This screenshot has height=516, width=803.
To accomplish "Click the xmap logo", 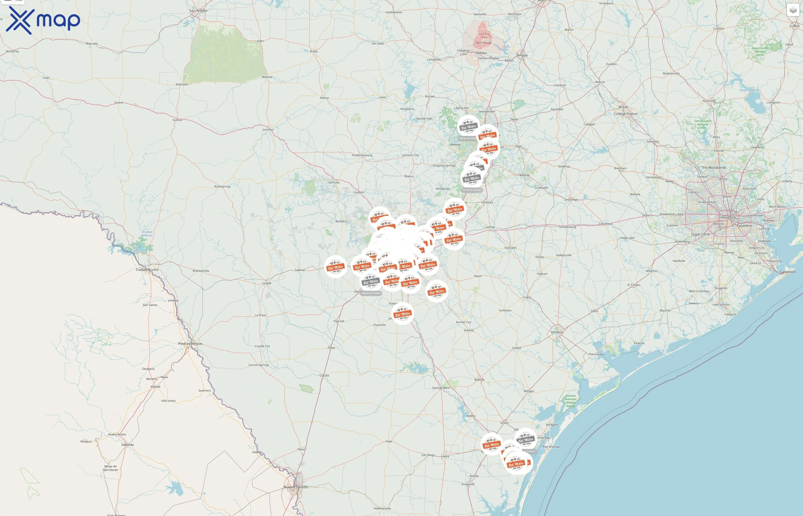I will point(43,20).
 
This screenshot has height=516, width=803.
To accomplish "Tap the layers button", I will point(793,10).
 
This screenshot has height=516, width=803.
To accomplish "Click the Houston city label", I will point(728,218).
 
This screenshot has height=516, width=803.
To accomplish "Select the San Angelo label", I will point(198,11).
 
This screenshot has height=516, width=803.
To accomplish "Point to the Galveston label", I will point(788,272).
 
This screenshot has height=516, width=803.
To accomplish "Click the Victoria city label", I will point(557,332).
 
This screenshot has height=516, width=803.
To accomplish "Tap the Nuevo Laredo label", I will point(295,487).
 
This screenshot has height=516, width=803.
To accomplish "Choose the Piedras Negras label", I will point(190,343).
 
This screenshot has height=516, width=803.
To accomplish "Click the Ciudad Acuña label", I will point(147,269).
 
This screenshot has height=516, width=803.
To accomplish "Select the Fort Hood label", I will point(483,43).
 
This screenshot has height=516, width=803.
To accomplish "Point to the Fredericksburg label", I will point(362,155).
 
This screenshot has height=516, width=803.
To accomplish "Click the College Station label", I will point(626,114).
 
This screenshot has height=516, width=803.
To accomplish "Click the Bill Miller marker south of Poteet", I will point(403,314).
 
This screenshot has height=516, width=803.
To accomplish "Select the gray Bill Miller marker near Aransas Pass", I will point(525,439).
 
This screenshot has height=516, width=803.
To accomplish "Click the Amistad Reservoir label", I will point(147,234).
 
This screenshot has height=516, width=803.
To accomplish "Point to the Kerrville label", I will point(334,183).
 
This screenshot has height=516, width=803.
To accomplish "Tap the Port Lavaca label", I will point(597,354).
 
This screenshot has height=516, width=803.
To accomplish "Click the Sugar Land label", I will point(700,234).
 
